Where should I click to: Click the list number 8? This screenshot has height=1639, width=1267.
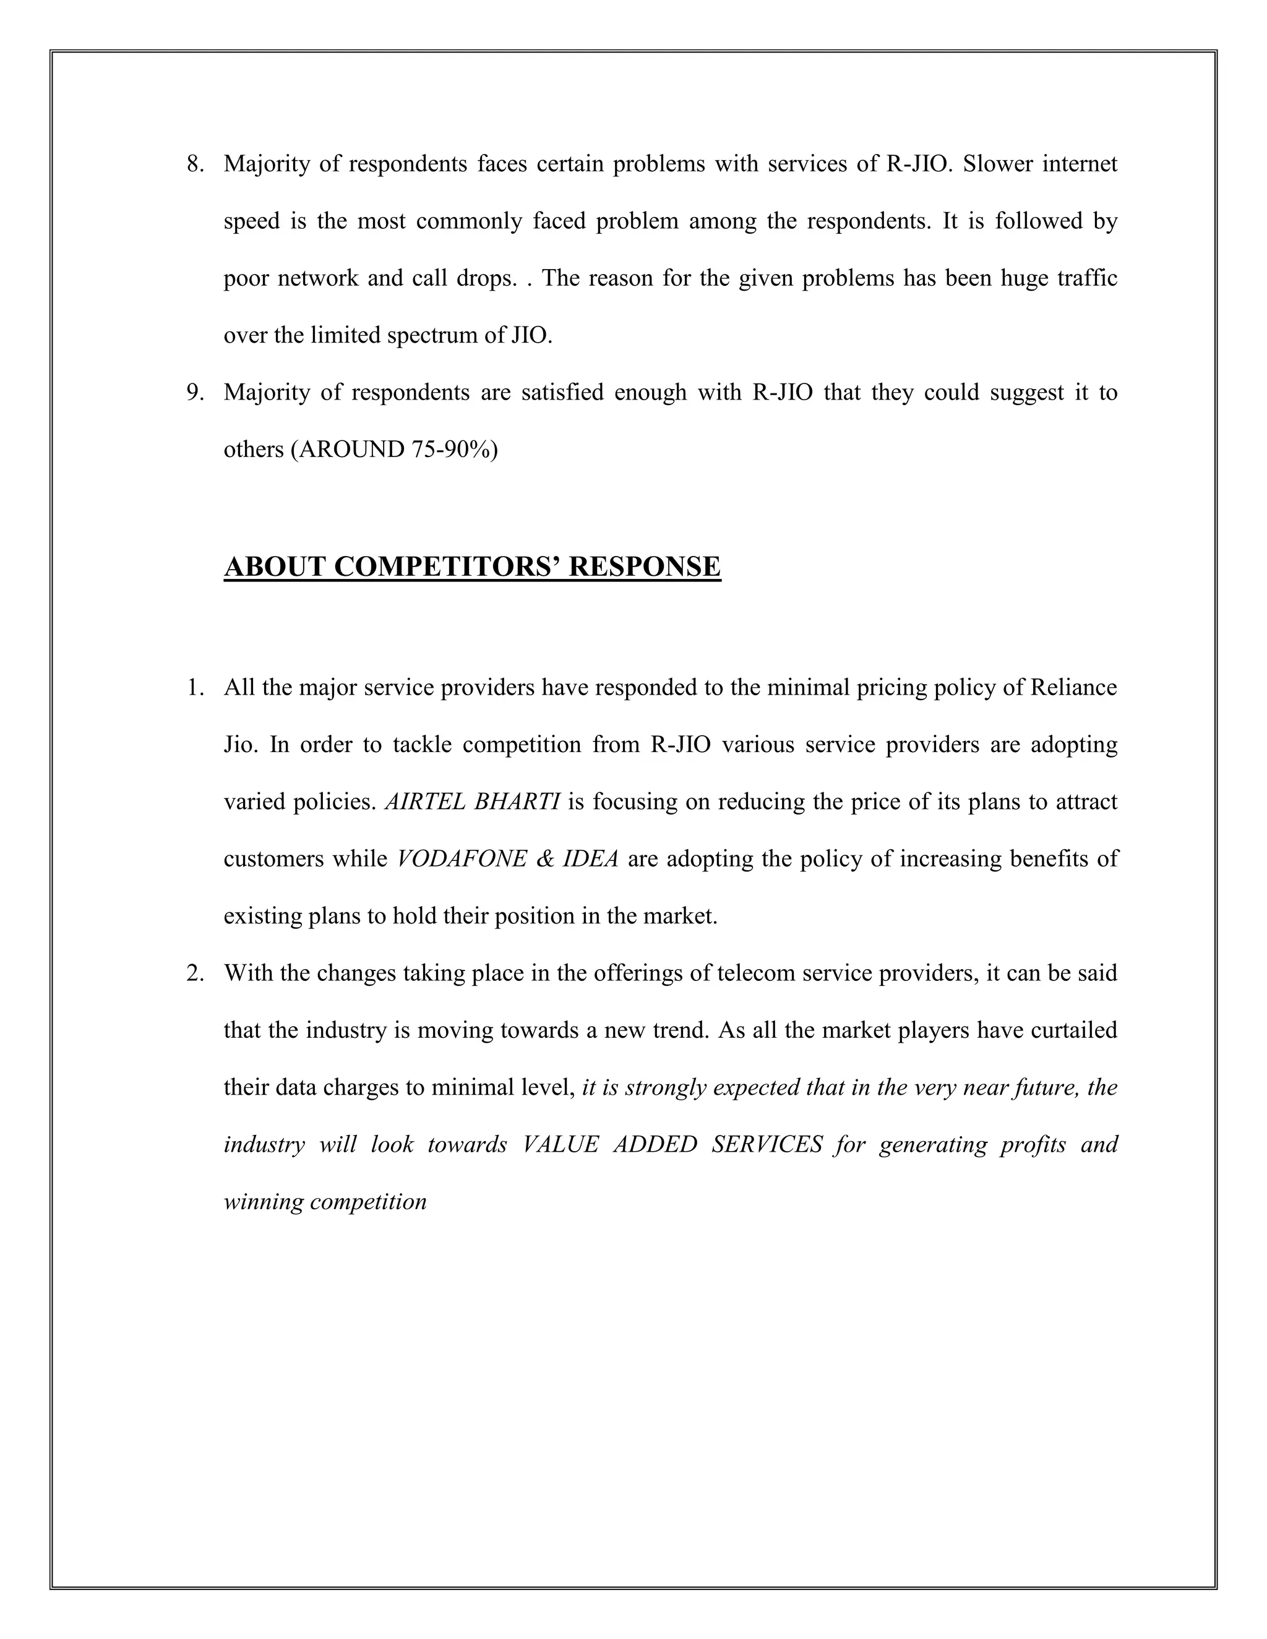[194, 164]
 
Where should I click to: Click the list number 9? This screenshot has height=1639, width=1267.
[194, 393]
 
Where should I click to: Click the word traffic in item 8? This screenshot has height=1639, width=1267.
[1087, 278]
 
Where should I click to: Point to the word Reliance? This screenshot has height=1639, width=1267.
[1073, 687]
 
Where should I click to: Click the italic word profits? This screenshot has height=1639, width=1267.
[1032, 1144]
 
